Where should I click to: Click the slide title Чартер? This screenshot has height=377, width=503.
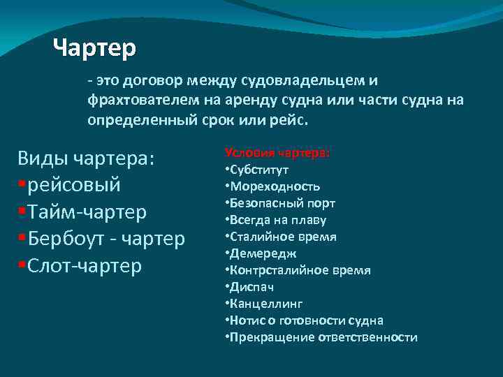94,48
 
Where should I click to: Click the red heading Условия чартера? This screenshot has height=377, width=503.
277,153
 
